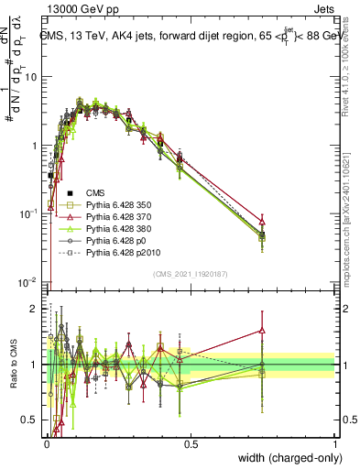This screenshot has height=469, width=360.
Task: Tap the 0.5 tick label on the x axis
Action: coord(191,443)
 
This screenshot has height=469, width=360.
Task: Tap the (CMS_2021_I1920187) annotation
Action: coord(190,274)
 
